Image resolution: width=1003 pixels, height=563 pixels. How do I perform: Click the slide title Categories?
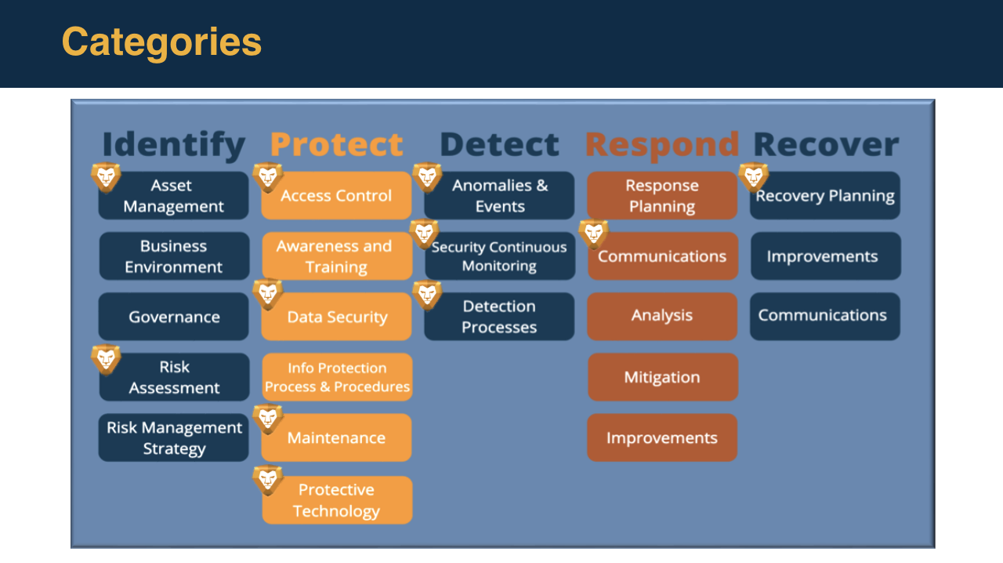click(x=161, y=42)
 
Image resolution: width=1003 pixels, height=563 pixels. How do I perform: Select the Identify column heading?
click(x=173, y=145)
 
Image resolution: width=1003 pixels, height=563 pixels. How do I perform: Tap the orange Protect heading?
click(x=336, y=145)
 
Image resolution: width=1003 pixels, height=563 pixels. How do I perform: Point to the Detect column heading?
click(x=499, y=145)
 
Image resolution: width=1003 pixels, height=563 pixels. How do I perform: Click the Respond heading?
click(x=662, y=145)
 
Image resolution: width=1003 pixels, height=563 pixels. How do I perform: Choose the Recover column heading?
click(x=825, y=145)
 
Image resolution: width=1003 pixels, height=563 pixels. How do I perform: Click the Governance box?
click(x=174, y=317)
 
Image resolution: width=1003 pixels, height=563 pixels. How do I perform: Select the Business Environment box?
click(x=174, y=256)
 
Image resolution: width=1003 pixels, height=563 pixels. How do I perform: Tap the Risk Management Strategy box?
click(x=174, y=438)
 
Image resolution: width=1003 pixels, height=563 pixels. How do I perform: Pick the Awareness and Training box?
click(x=337, y=256)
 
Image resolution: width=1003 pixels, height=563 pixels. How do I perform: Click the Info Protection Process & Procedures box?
click(x=337, y=377)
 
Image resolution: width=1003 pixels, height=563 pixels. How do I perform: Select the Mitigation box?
click(x=662, y=377)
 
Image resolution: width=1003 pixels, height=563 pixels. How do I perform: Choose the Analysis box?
click(x=662, y=316)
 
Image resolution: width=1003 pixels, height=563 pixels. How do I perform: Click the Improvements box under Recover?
click(x=825, y=256)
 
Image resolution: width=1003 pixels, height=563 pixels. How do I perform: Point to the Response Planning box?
click(x=662, y=196)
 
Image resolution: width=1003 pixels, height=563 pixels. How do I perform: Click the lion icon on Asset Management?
click(x=106, y=177)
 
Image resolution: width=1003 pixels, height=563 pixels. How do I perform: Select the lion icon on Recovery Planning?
click(x=753, y=177)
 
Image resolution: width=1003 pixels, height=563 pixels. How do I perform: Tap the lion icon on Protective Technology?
click(x=268, y=480)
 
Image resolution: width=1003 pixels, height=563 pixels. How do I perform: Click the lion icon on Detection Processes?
click(x=427, y=294)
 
